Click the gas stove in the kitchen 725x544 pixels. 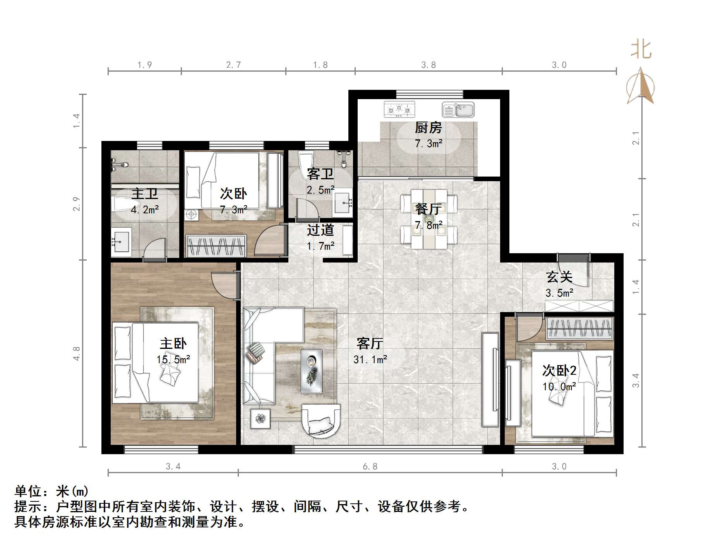pos(399,110)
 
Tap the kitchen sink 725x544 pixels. pos(458,110)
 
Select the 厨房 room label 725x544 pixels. pos(428,127)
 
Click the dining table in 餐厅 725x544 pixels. pos(428,219)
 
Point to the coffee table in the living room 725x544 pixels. pos(312,372)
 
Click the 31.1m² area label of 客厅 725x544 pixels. pos(370,360)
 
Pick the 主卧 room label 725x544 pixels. pos(173,343)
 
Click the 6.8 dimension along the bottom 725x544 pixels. pos(370,467)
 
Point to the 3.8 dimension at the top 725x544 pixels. pos(428,65)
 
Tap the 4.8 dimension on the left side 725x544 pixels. pos(77,354)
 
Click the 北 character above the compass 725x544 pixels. pos(641,50)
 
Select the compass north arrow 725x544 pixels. pos(641,87)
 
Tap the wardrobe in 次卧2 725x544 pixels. pos(579,328)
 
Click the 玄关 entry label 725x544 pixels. pos(559,277)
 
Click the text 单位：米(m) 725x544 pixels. pos(51,491)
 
